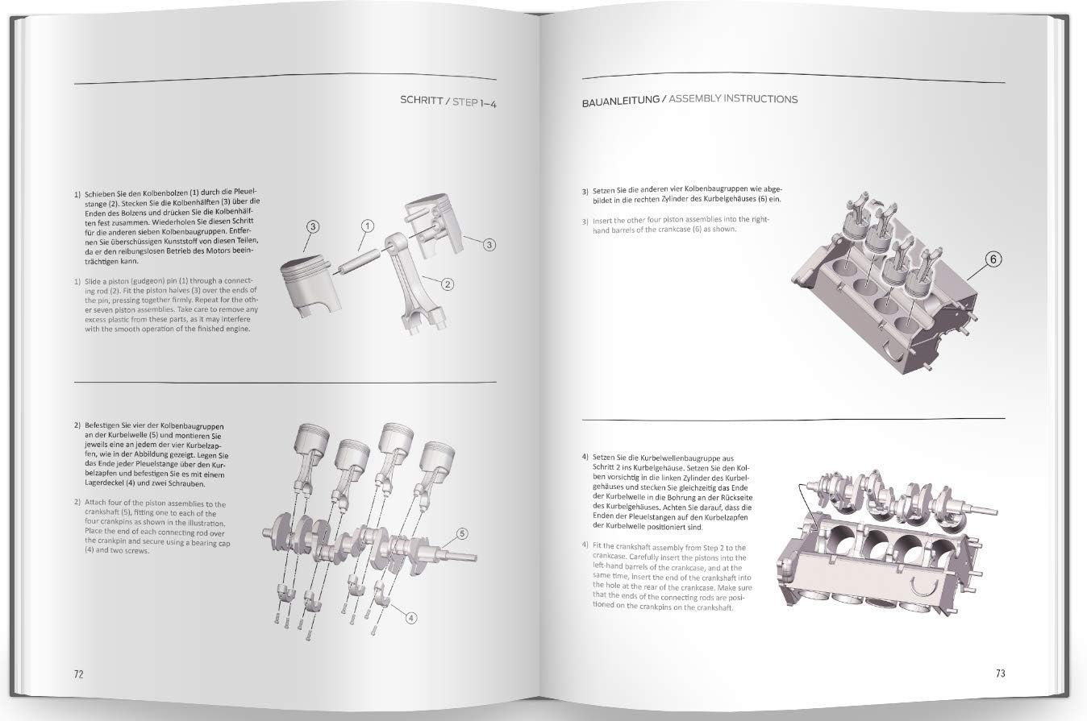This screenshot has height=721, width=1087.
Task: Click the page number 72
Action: tap(79, 673)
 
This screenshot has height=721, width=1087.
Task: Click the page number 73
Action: tap(1000, 673)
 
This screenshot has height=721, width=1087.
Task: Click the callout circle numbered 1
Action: tap(366, 226)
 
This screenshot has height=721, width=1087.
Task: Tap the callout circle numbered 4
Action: tap(410, 618)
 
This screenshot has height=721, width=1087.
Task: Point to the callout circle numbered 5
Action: tap(462, 532)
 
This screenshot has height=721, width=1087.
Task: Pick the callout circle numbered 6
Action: tap(994, 259)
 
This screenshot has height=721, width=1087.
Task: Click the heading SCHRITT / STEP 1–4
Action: tap(448, 102)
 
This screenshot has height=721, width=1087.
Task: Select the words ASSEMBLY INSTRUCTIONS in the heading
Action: tap(733, 99)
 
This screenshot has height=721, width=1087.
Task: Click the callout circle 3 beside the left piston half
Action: tap(312, 227)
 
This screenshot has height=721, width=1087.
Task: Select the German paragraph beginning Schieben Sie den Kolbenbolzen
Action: tap(166, 228)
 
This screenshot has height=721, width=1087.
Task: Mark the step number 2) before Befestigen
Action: tap(77, 425)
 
